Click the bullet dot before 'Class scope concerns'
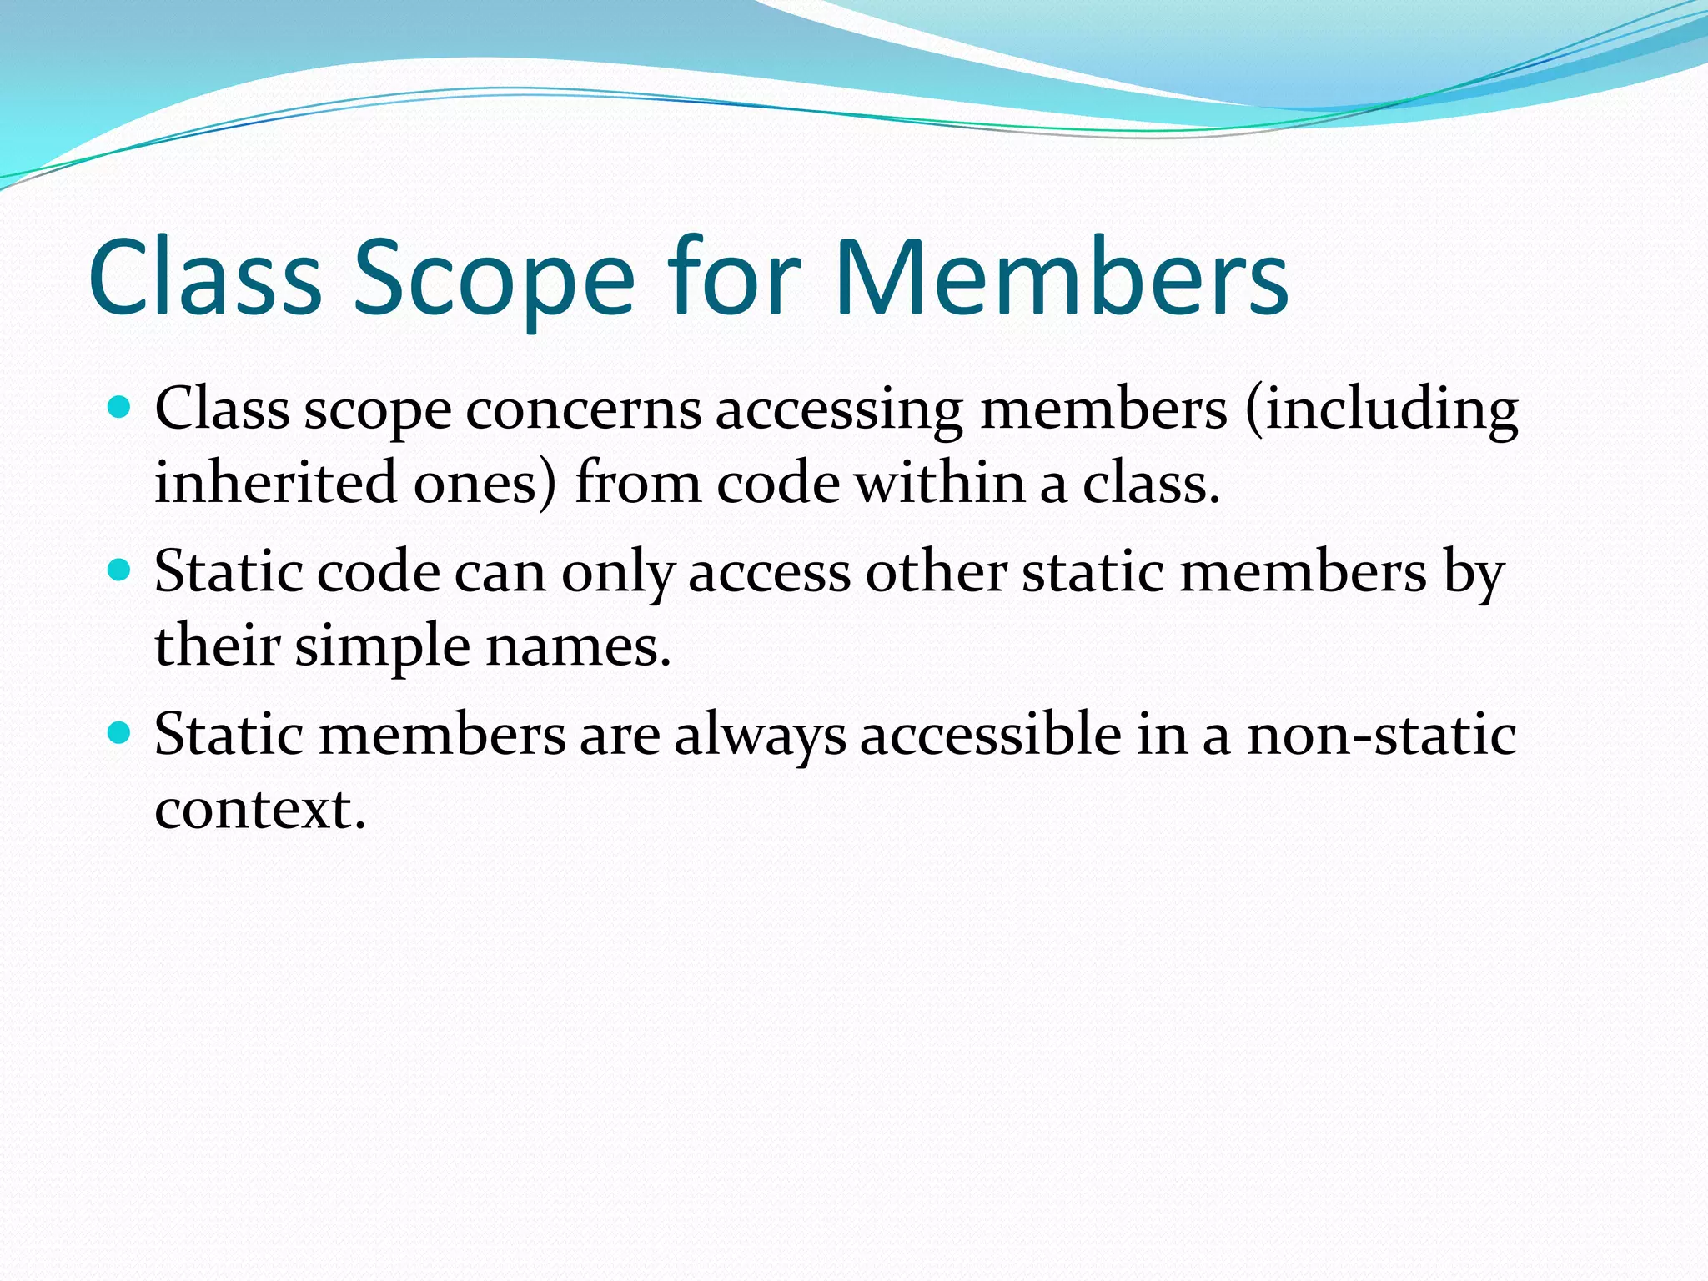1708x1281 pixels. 120,408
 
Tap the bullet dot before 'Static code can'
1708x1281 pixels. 120,570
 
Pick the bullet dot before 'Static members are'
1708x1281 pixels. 120,733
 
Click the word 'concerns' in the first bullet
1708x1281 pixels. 583,410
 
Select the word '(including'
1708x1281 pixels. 1382,410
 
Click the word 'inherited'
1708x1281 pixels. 275,484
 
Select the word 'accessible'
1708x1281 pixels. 991,736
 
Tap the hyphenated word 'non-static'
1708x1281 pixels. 1381,736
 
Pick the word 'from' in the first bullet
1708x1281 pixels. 638,484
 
